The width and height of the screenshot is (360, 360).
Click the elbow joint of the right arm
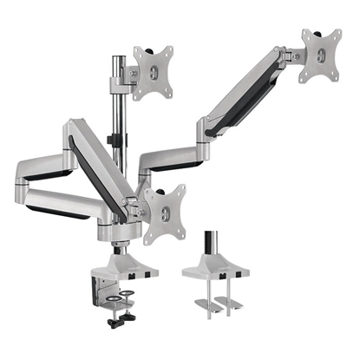[206, 129]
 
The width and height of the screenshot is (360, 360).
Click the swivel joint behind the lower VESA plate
[135, 207]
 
